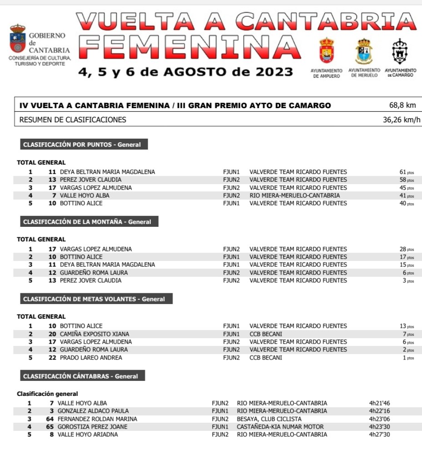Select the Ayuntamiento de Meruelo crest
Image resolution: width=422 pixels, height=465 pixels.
point(364,51)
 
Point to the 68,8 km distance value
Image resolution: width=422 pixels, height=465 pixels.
point(402,105)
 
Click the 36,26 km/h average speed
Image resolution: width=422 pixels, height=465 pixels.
point(402,120)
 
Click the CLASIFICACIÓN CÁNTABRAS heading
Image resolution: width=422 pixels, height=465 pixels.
point(80,376)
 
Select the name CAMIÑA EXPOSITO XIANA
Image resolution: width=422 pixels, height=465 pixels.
point(94,334)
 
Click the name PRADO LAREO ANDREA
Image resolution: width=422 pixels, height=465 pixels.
point(91,358)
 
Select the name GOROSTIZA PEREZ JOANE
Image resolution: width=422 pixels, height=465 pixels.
point(92,427)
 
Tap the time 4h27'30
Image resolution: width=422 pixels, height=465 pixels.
point(379,435)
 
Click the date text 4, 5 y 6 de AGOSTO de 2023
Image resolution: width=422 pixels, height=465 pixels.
point(186,72)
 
